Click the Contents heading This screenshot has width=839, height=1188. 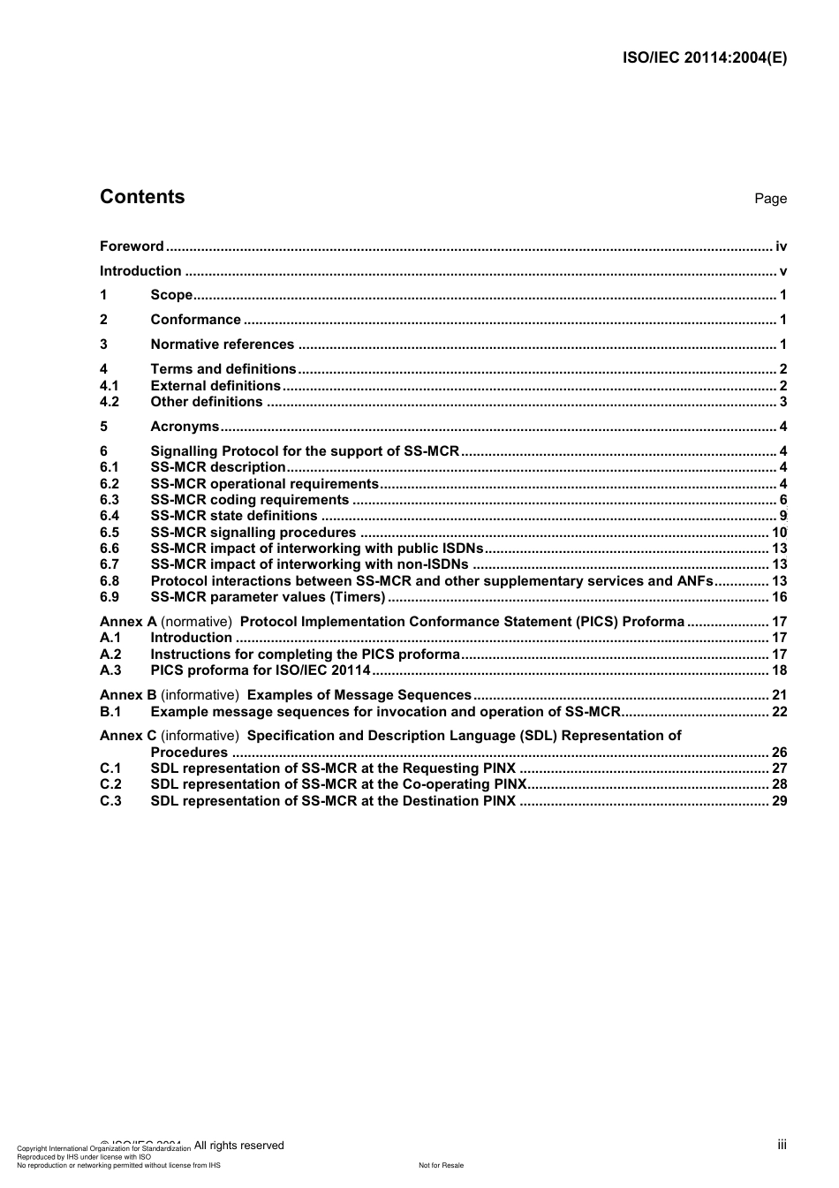[142, 197]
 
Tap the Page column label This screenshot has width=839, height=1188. [770, 199]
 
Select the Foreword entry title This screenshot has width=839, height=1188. [132, 246]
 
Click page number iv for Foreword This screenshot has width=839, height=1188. [781, 246]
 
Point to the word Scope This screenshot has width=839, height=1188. [171, 295]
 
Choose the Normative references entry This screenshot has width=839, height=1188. [222, 344]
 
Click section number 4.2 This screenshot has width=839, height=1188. [110, 402]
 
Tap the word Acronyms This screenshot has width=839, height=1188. [185, 427]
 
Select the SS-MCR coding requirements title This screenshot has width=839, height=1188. [249, 500]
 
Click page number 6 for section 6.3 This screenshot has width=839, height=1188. [782, 500]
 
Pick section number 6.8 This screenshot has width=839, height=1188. [110, 581]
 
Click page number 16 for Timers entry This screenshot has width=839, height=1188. [779, 597]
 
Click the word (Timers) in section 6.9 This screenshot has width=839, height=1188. [358, 597]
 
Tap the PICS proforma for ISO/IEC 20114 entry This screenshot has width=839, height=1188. [261, 670]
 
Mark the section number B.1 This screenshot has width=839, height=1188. [110, 712]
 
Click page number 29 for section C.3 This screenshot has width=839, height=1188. [779, 801]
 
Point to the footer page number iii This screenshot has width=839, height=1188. [782, 1145]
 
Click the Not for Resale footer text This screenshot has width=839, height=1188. [441, 1165]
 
